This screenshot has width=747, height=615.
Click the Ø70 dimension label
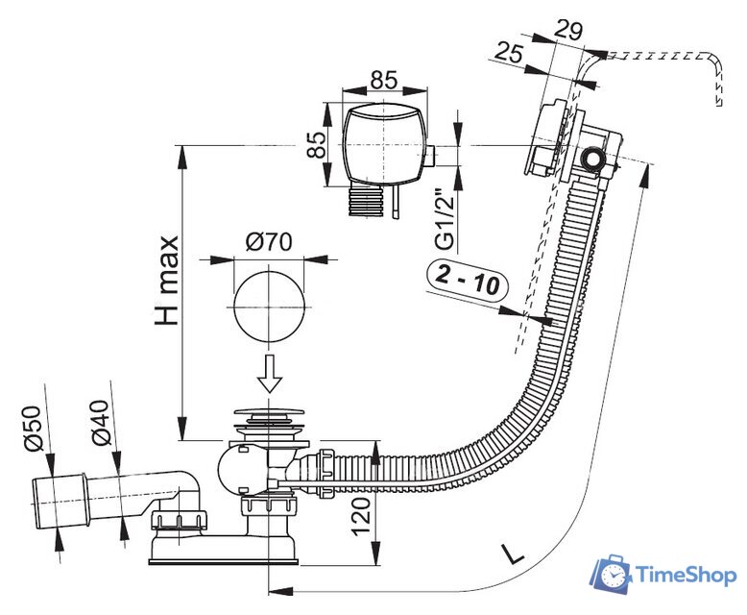[268, 242]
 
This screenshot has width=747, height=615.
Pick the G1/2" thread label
[443, 215]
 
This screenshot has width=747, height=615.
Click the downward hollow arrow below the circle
[270, 372]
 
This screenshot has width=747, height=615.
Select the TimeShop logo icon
[609, 574]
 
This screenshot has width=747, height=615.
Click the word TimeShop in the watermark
[683, 576]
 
